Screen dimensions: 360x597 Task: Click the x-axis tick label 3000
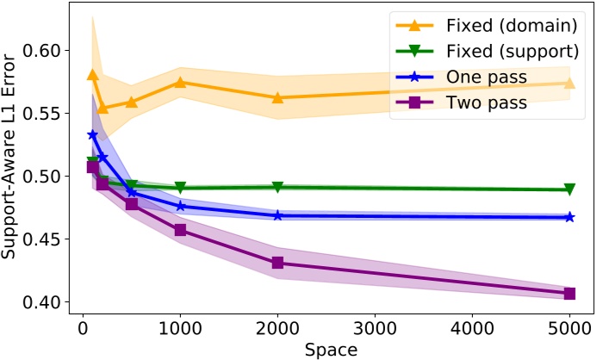click(x=375, y=328)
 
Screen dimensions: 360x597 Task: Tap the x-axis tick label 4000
click(x=472, y=328)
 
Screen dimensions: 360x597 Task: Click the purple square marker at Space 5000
click(x=569, y=294)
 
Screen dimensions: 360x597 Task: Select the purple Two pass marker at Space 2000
click(x=277, y=263)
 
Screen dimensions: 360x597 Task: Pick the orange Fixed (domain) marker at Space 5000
click(x=569, y=83)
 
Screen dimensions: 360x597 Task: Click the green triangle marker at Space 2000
click(x=277, y=187)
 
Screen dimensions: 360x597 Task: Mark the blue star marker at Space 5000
click(x=569, y=217)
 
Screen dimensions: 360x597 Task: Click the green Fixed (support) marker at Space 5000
click(x=569, y=189)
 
